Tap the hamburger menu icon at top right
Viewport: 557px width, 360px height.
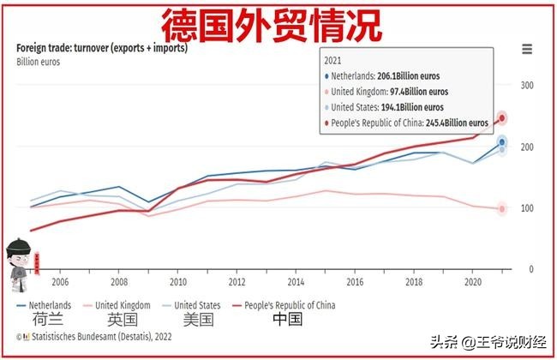click(526, 50)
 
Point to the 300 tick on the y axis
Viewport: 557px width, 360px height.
click(526, 86)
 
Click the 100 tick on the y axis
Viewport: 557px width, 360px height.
click(526, 208)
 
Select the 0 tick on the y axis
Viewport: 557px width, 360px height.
click(530, 269)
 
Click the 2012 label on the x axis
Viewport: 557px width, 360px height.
click(237, 281)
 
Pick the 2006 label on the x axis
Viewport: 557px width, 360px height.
click(60, 281)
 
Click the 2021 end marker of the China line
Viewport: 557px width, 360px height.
click(503, 118)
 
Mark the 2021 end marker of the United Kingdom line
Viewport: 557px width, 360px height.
click(502, 208)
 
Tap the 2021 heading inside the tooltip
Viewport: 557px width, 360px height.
click(333, 62)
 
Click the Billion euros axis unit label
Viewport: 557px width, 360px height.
click(36, 62)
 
